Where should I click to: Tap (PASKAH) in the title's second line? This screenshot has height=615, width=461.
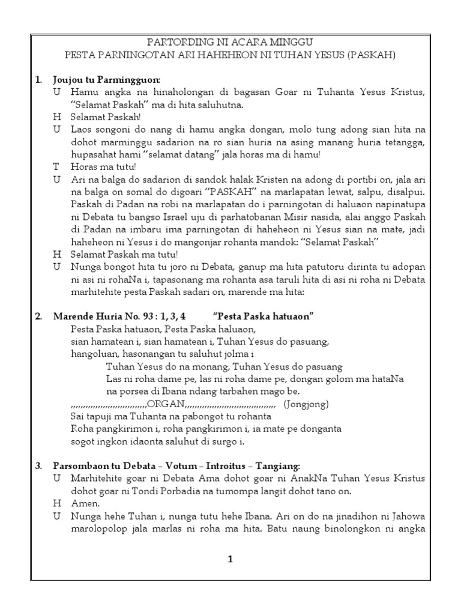click(x=369, y=55)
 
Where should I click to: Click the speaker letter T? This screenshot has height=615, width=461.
click(x=56, y=166)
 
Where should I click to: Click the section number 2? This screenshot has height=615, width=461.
click(x=38, y=317)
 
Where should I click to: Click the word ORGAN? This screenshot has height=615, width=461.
click(x=166, y=402)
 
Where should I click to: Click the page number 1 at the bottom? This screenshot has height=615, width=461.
click(x=230, y=559)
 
